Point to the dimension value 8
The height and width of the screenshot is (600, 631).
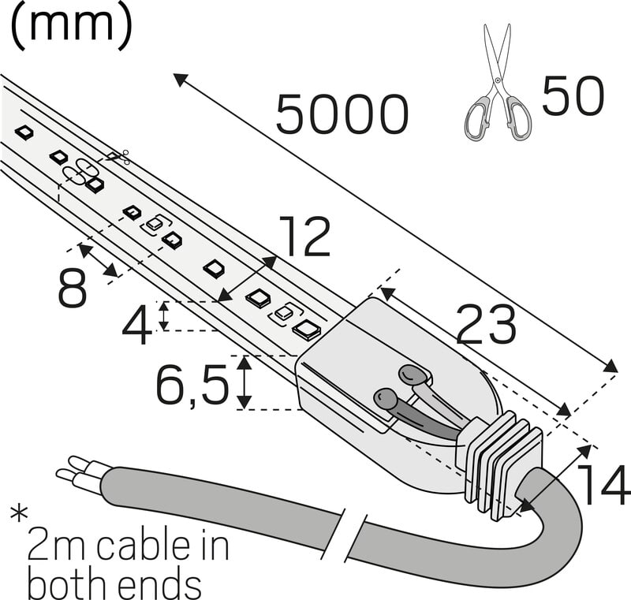(73, 289)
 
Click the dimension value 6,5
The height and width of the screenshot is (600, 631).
(192, 384)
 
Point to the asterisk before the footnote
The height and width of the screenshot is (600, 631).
(18, 516)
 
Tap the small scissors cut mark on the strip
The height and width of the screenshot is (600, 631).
(119, 157)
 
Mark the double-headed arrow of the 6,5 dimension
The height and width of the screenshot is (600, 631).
(245, 382)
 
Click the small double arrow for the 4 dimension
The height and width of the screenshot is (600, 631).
(163, 315)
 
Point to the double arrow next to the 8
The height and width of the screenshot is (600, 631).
(99, 262)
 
